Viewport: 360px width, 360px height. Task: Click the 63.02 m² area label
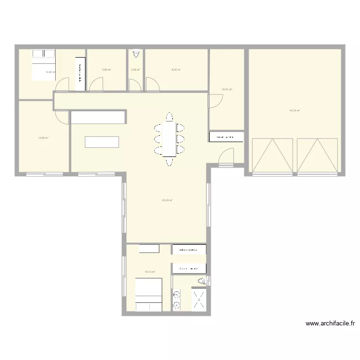pyautogui.click(x=167, y=200)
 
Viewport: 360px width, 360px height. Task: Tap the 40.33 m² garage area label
pyautogui.click(x=294, y=110)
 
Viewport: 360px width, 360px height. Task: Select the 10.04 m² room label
pyautogui.click(x=227, y=89)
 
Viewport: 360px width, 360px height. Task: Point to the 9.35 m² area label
pyautogui.click(x=176, y=70)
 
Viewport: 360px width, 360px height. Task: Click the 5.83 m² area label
pyautogui.click(x=107, y=70)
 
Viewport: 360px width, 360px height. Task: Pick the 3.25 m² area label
pyautogui.click(x=135, y=70)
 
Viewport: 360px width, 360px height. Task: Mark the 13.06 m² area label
pyautogui.click(x=43, y=138)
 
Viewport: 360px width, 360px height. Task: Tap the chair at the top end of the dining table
pyautogui.click(x=169, y=117)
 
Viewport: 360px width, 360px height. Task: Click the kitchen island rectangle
pyautogui.click(x=102, y=142)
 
